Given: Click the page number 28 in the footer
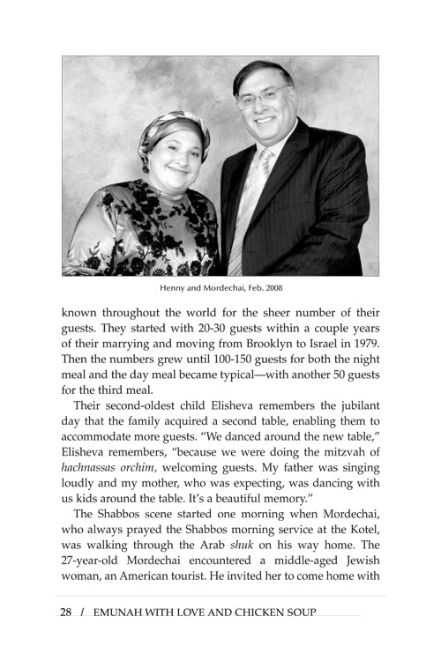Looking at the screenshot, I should pyautogui.click(x=66, y=613).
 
